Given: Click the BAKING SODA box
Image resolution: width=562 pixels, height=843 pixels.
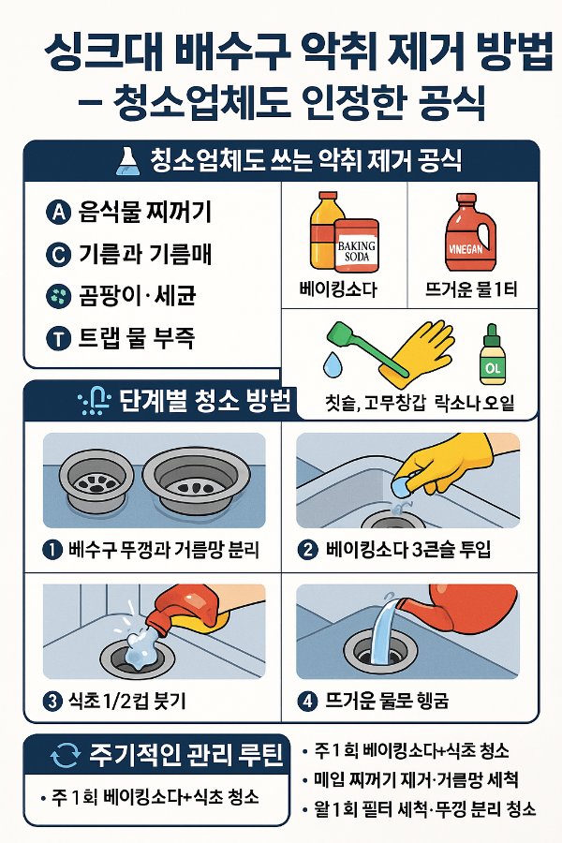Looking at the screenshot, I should [x=355, y=244].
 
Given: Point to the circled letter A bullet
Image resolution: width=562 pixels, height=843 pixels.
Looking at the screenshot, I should [x=57, y=212].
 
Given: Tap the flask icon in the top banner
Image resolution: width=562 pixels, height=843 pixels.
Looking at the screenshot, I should [x=125, y=160].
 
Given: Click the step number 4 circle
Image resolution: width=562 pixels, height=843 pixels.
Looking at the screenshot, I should [x=306, y=700].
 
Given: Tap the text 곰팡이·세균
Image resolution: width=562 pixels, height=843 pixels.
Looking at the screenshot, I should [x=133, y=297].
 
